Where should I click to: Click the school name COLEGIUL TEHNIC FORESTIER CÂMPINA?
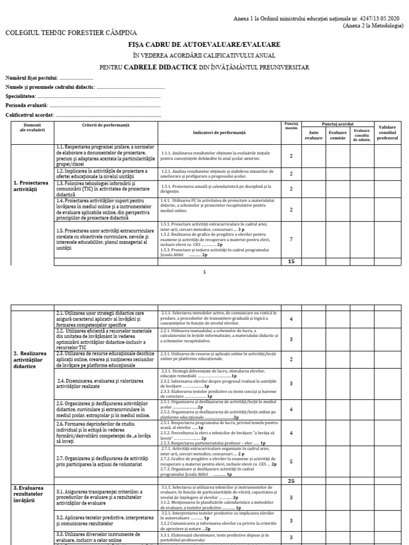pos(71,33)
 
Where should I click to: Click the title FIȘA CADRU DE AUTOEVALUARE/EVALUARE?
pos(204,44)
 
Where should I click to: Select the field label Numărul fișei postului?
pos(31,78)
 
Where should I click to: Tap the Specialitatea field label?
pos(21,96)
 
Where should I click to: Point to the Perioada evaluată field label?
pos(26,105)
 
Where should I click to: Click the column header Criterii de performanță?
pos(106,125)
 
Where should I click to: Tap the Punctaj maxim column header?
pos(291,126)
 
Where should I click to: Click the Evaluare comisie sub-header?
pos(337,135)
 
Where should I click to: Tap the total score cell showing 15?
pos(291,261)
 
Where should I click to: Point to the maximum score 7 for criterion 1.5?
pos(291,240)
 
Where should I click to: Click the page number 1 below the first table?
pos(204,271)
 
